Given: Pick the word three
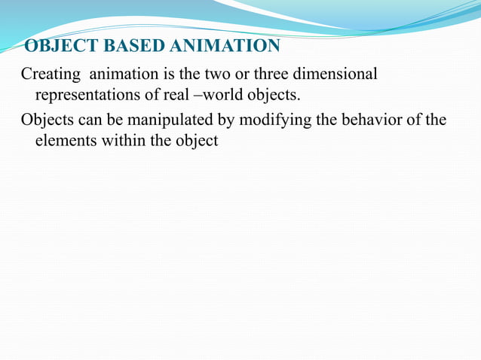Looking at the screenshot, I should coord(276,75).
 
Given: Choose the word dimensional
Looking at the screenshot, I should coord(339,75).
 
